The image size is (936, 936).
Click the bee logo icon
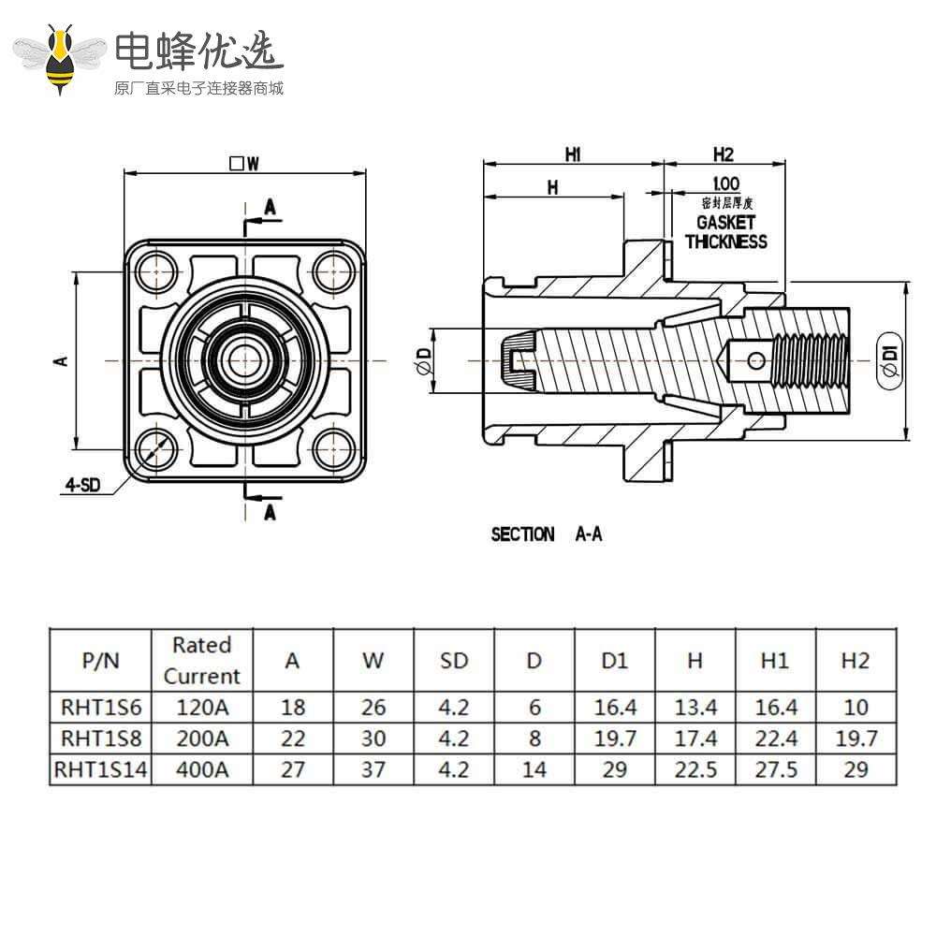62,58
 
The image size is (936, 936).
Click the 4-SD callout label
82,484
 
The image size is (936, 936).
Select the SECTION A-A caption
547,534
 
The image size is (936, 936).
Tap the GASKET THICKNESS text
725,232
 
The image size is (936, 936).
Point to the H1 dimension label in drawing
573,154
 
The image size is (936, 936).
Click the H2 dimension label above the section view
724,154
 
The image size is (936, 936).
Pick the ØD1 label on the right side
890,360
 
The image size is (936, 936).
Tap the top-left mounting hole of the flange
155,271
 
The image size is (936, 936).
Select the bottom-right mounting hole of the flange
329,446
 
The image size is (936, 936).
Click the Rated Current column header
201,660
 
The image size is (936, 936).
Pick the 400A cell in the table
201,769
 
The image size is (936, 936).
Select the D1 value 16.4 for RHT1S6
614,707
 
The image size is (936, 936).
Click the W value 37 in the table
373,769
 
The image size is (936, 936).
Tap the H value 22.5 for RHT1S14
695,769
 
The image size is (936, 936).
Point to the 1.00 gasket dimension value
725,184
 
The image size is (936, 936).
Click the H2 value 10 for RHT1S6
855,707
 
